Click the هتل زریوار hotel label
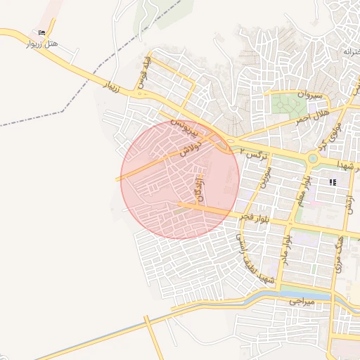(x=43, y=44)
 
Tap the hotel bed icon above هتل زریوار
(x=42, y=32)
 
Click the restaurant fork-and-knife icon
(x=333, y=182)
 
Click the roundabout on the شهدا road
(x=312, y=159)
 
